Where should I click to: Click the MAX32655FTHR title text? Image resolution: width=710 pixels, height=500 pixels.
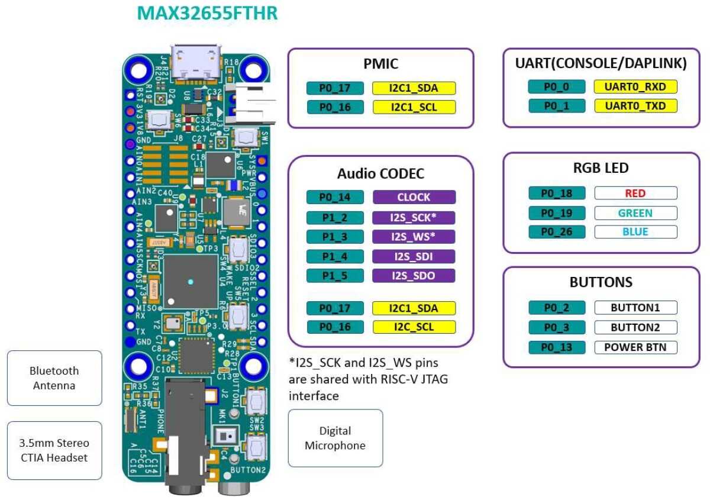(x=207, y=13)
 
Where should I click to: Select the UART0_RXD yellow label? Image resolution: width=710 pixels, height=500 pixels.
(x=635, y=87)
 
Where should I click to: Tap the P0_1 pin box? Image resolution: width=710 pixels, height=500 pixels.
(x=556, y=106)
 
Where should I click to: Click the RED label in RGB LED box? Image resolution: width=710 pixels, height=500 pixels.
(x=635, y=193)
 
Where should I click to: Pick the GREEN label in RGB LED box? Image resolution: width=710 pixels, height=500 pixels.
(x=635, y=212)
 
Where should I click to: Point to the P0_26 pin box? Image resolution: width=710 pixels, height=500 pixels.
(x=556, y=231)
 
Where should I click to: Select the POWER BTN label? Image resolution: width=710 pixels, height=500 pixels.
(x=635, y=347)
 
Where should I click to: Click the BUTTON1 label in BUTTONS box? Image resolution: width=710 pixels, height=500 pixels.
(x=635, y=308)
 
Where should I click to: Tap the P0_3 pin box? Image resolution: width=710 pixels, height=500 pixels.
(x=556, y=327)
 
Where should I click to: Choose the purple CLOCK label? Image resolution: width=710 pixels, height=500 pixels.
(x=414, y=197)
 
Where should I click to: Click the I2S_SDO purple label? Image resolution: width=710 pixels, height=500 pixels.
(x=414, y=276)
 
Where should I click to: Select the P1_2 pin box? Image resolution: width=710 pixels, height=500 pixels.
(x=334, y=217)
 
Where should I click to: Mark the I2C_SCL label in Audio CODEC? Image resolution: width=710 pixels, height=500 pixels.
(x=414, y=327)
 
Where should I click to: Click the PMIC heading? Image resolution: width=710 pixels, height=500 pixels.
(x=380, y=64)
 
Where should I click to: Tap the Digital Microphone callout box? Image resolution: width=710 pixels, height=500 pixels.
(x=335, y=438)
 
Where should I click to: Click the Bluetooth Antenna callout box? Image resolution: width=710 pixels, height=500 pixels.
(x=55, y=378)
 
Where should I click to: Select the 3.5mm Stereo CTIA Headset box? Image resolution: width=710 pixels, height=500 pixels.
(x=55, y=450)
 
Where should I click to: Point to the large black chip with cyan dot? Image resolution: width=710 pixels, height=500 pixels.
(x=191, y=282)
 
